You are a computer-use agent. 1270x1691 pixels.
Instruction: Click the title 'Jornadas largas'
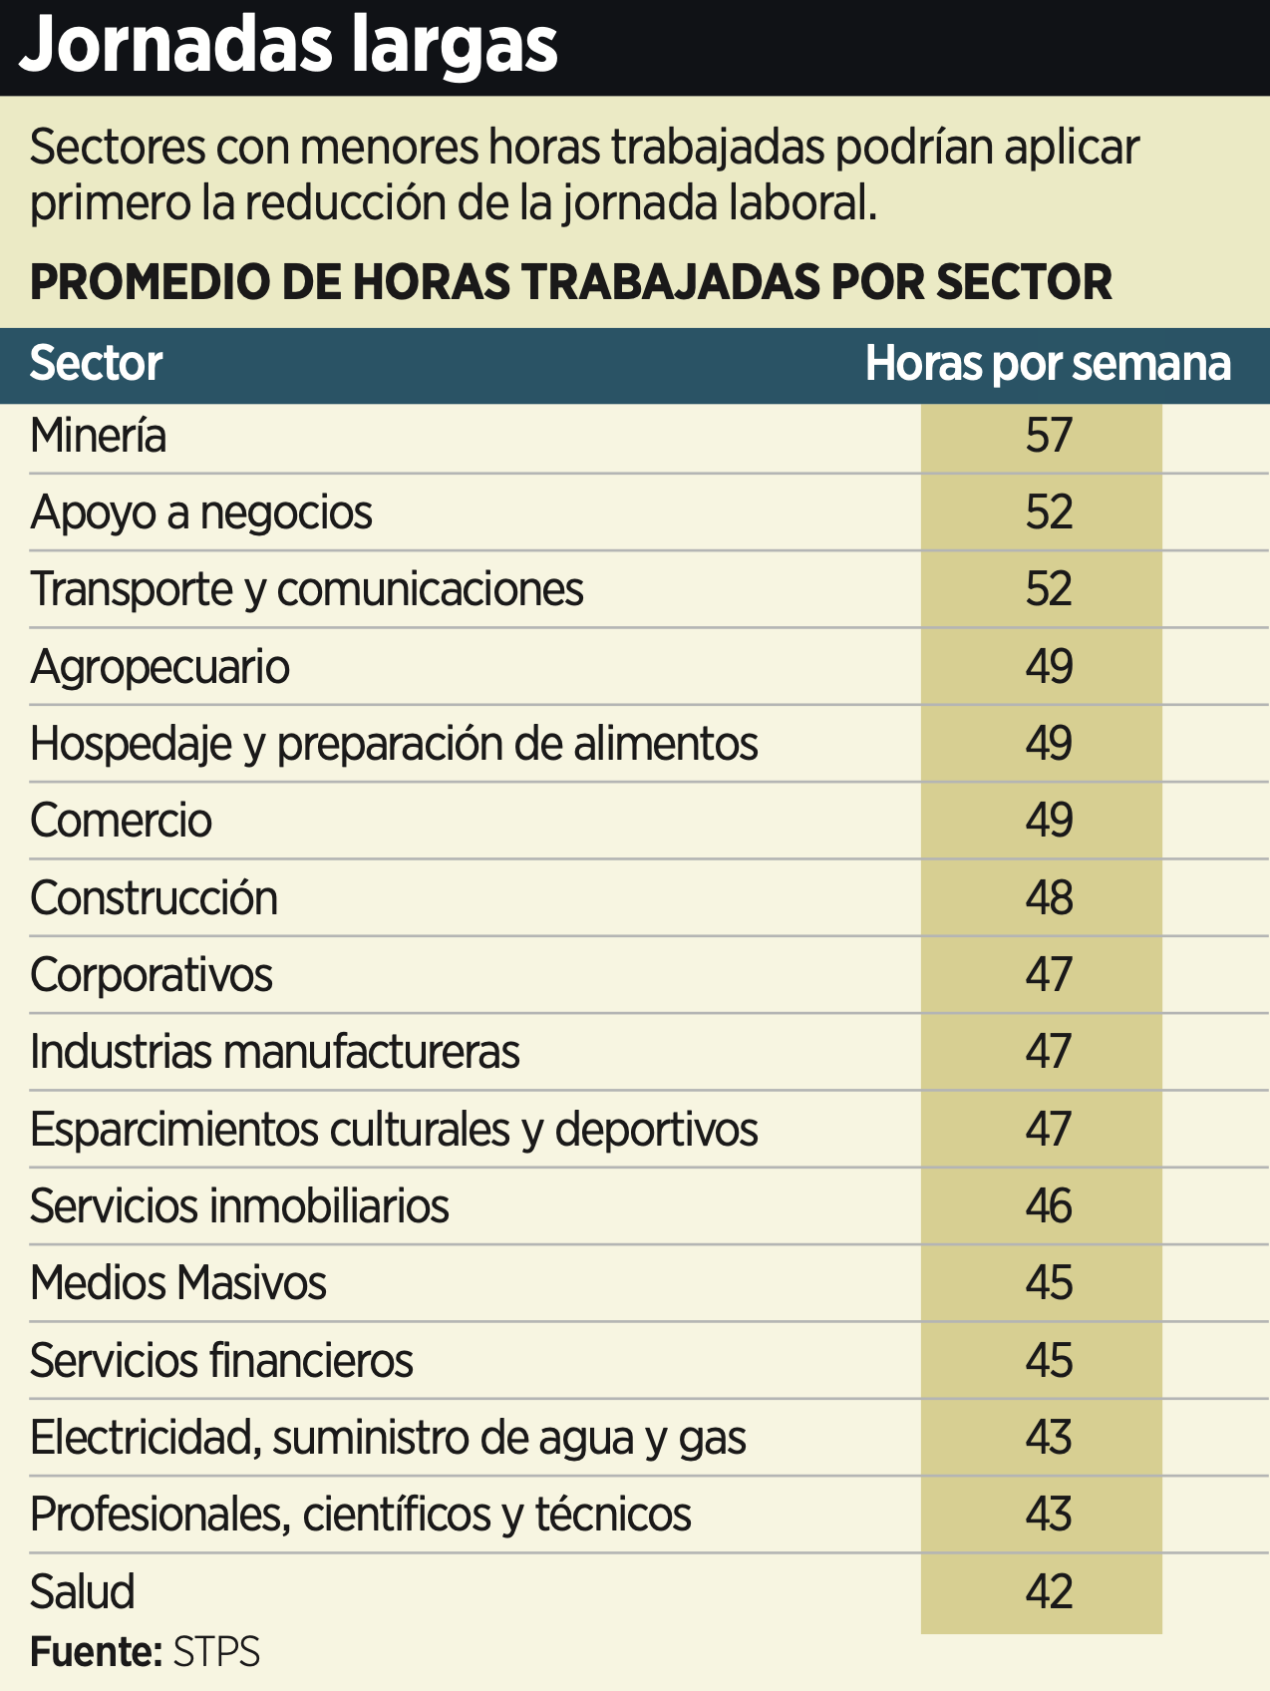pyautogui.click(x=288, y=46)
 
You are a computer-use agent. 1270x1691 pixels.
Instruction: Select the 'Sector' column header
pyautogui.click(x=96, y=364)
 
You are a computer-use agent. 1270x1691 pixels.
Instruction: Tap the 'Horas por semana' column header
pyautogui.click(x=1048, y=364)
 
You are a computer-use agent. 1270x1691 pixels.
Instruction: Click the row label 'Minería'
pyautogui.click(x=98, y=437)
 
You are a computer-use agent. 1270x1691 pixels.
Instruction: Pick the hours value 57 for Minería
pyautogui.click(x=1049, y=437)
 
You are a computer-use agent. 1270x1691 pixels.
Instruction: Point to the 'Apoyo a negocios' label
pyautogui.click(x=200, y=513)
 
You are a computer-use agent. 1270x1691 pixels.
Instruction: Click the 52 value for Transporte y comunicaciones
pyautogui.click(x=1049, y=590)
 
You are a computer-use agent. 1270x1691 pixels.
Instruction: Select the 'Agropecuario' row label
pyautogui.click(x=159, y=667)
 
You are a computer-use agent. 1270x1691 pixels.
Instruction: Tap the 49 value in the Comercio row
pyautogui.click(x=1049, y=821)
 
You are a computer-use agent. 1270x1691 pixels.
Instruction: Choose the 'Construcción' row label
pyautogui.click(x=154, y=898)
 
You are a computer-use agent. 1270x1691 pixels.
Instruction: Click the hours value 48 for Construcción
pyautogui.click(x=1049, y=898)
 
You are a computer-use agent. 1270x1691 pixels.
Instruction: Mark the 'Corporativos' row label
pyautogui.click(x=151, y=975)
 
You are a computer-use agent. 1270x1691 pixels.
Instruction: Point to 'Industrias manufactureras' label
pyautogui.click(x=274, y=1052)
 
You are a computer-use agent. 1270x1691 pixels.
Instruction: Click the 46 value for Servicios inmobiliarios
pyautogui.click(x=1049, y=1206)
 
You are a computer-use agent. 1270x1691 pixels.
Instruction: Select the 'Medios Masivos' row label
pyautogui.click(x=177, y=1283)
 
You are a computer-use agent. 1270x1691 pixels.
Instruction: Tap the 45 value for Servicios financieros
pyautogui.click(x=1049, y=1361)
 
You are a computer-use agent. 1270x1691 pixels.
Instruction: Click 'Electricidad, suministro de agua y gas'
pyautogui.click(x=388, y=1438)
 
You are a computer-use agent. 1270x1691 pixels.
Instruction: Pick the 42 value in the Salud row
pyautogui.click(x=1049, y=1591)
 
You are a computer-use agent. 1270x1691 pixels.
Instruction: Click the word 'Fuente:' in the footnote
pyautogui.click(x=96, y=1652)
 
